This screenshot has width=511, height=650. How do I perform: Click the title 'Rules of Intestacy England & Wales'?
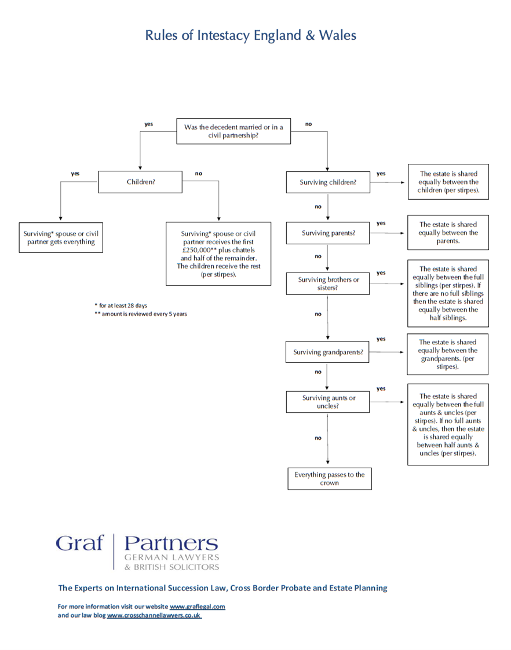250,36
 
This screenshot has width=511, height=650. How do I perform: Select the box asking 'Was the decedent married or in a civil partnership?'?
233,131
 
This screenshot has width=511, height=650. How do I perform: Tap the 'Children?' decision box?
140,182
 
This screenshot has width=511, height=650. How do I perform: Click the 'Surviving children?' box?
328,182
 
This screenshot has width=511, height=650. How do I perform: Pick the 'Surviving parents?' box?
328,233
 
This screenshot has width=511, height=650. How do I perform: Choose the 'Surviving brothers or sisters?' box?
328,284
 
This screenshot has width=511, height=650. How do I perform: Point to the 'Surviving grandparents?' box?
327,352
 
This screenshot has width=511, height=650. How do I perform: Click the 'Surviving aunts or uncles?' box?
328,402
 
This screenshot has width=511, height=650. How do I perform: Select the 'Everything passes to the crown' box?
330,479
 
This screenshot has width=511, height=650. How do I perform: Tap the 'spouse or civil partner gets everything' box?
61,237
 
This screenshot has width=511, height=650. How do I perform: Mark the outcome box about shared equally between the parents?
448,233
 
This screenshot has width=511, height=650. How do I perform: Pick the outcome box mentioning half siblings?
448,293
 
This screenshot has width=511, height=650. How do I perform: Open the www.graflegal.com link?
198,607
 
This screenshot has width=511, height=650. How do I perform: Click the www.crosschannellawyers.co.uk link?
154,615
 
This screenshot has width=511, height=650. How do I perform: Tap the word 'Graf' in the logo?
79,543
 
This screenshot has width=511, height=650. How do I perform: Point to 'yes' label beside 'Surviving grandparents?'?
381,339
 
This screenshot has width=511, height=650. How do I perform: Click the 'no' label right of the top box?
309,124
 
